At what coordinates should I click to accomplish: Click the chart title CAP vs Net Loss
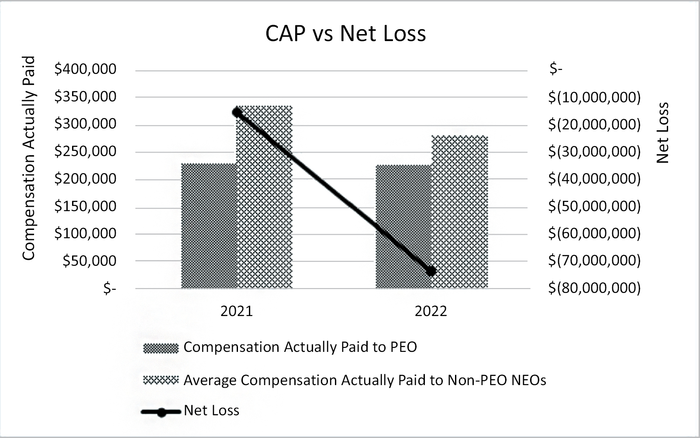(345, 34)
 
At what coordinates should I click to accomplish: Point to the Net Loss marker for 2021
(237, 112)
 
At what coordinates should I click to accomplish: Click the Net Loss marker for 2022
(431, 271)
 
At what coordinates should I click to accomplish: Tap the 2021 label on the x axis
(237, 311)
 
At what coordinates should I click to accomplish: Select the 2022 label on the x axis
(431, 311)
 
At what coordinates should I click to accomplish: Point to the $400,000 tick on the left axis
(86, 69)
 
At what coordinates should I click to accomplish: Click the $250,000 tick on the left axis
(86, 151)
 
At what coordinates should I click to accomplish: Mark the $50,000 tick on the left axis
(90, 261)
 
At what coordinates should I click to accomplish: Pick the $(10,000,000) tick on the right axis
(594, 97)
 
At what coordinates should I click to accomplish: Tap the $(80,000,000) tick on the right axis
(594, 288)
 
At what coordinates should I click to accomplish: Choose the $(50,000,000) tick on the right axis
(594, 206)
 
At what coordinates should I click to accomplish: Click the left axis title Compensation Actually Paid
(29, 158)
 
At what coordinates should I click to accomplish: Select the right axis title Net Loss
(662, 133)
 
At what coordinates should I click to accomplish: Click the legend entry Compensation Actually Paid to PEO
(300, 347)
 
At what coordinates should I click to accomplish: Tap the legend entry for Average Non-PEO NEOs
(365, 380)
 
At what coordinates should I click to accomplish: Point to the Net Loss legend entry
(211, 410)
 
